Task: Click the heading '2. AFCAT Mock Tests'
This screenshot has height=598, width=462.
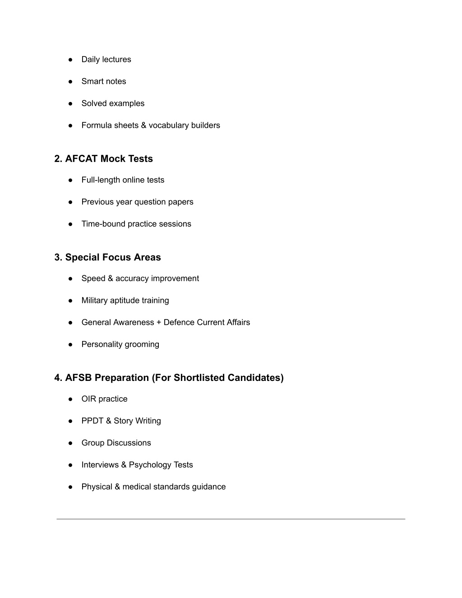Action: click(103, 159)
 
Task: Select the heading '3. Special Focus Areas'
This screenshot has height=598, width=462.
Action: click(107, 257)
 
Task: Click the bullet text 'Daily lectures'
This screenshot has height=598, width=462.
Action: click(106, 60)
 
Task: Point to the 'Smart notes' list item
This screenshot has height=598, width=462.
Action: click(104, 82)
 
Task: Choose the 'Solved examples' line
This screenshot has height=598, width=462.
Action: click(113, 103)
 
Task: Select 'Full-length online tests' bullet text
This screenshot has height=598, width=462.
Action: click(123, 180)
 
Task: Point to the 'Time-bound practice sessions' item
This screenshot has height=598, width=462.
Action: click(136, 224)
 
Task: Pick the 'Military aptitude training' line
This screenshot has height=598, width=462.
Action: click(125, 301)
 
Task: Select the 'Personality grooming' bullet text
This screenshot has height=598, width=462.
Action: click(120, 344)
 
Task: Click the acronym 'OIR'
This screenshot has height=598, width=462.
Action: click(89, 399)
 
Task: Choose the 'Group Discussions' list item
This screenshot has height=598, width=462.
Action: click(116, 443)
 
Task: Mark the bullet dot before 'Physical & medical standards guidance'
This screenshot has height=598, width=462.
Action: click(70, 487)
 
